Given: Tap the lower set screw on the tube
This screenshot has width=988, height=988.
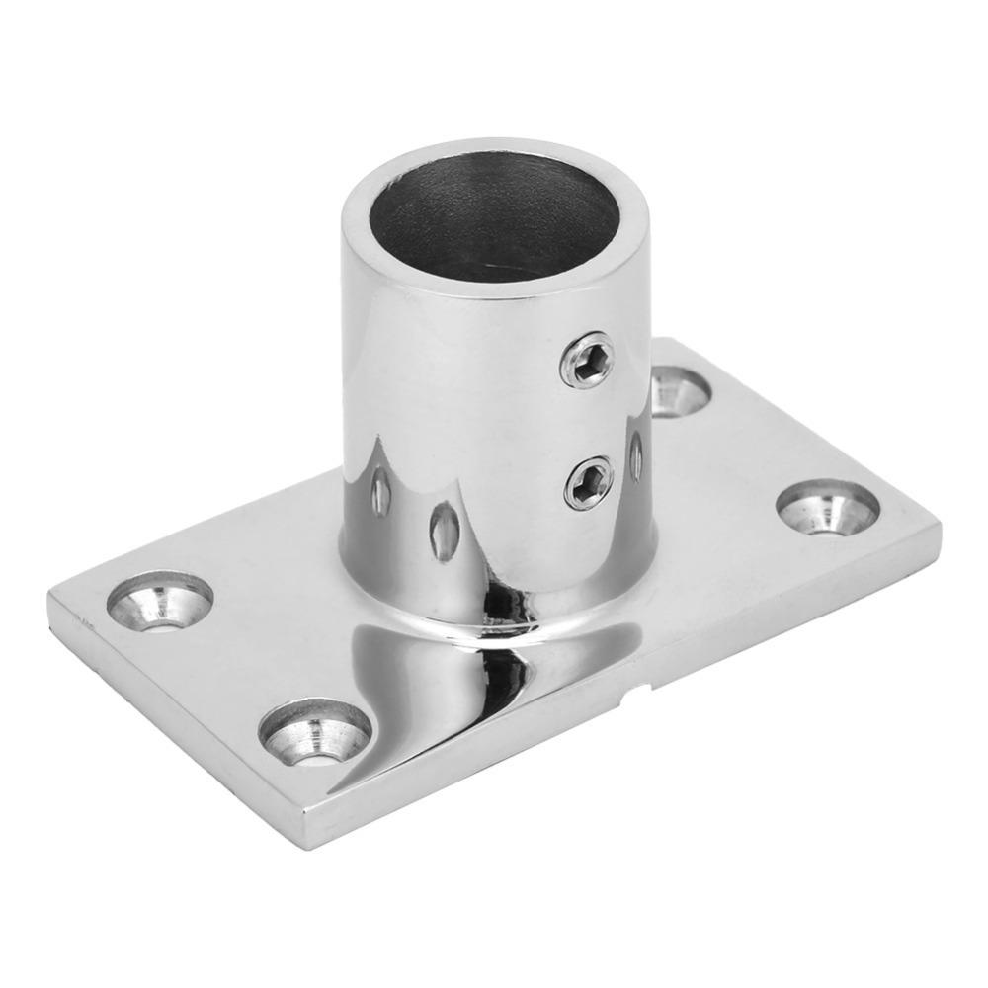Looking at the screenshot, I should (589, 483).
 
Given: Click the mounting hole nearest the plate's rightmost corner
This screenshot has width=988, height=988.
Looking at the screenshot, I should (828, 507).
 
